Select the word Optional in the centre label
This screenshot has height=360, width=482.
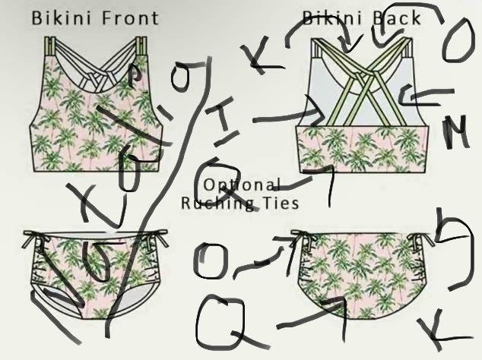[x=242, y=185]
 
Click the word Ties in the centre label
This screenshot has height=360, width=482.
[x=279, y=203]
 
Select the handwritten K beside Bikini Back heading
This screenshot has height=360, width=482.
[x=262, y=57]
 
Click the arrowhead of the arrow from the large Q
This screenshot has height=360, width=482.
[x=339, y=304]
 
